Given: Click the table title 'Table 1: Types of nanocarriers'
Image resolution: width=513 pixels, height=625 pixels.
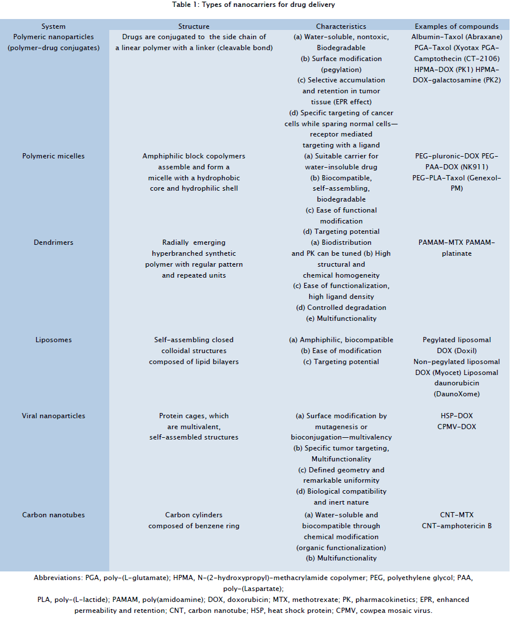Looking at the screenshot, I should [256, 5].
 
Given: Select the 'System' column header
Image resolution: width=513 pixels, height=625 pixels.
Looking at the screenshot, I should [53, 26].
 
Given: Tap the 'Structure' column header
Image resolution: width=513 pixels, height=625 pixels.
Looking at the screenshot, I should [194, 26].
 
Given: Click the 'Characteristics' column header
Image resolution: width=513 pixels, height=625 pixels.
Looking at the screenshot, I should [341, 26].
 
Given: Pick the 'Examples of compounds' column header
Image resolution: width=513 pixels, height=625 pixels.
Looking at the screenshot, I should [457, 26].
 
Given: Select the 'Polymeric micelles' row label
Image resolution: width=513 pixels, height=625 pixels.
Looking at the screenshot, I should [53, 156].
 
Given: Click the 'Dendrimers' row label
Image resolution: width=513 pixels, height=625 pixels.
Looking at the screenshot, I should [53, 243].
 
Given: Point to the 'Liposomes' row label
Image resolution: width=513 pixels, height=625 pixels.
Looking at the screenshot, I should [53, 340].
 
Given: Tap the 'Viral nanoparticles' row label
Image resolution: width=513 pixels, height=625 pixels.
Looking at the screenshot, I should [53, 416].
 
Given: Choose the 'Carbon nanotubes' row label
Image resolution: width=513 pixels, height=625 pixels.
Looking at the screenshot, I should [53, 514].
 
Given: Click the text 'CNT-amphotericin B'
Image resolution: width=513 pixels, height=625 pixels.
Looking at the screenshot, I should [457, 525].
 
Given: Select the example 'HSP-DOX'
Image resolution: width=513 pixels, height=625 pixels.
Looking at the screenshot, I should [457, 416].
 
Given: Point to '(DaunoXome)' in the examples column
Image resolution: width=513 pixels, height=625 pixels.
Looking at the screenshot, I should [457, 395].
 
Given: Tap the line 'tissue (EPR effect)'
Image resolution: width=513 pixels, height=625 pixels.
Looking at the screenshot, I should [341, 102].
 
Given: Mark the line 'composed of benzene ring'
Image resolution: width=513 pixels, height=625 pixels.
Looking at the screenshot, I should [194, 525].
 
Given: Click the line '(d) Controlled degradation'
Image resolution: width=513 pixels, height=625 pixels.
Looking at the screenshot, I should [341, 308].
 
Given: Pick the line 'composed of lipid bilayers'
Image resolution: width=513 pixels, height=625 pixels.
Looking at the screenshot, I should [194, 362].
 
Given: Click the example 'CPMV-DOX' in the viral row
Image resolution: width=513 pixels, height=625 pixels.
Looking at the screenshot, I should [457, 427].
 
